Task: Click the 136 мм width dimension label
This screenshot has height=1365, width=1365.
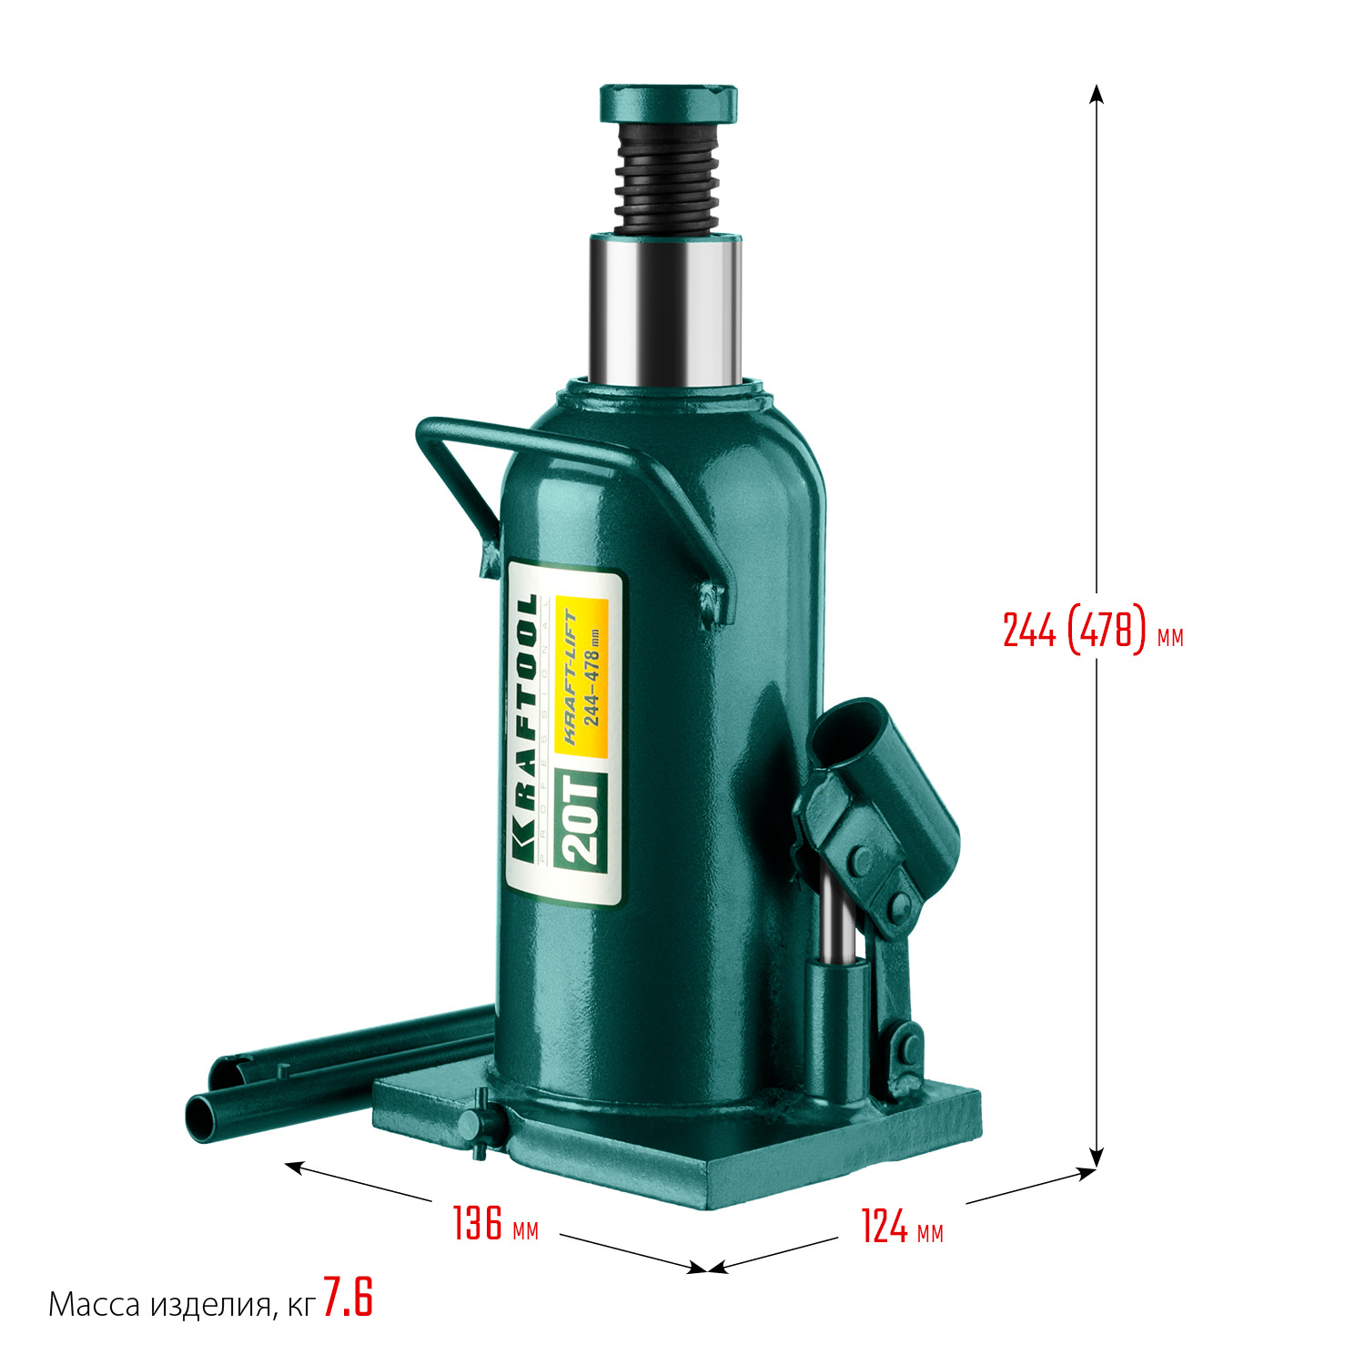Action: coord(495,1224)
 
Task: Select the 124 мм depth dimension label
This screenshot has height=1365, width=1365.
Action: coord(901,1227)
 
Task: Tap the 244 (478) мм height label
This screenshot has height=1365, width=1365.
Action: coord(1092,630)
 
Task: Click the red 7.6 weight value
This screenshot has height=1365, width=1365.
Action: coord(348,1299)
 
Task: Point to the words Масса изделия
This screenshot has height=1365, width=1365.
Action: coord(159,1305)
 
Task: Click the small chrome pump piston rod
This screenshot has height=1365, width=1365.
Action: coord(837,919)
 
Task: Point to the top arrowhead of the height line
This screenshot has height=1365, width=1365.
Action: coord(1097,93)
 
